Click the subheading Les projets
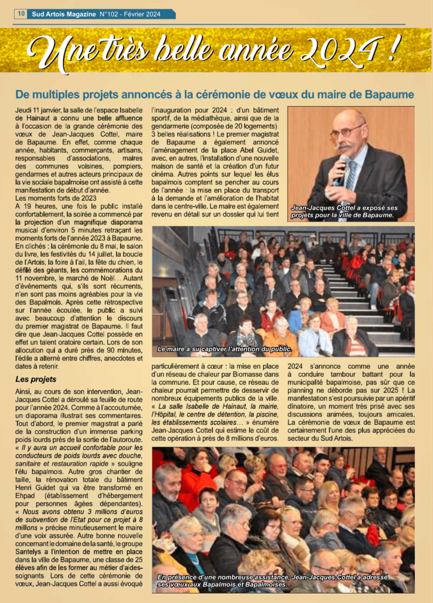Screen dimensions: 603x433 (x=36, y=379)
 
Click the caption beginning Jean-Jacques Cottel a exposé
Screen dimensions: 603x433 (x=344, y=211)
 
